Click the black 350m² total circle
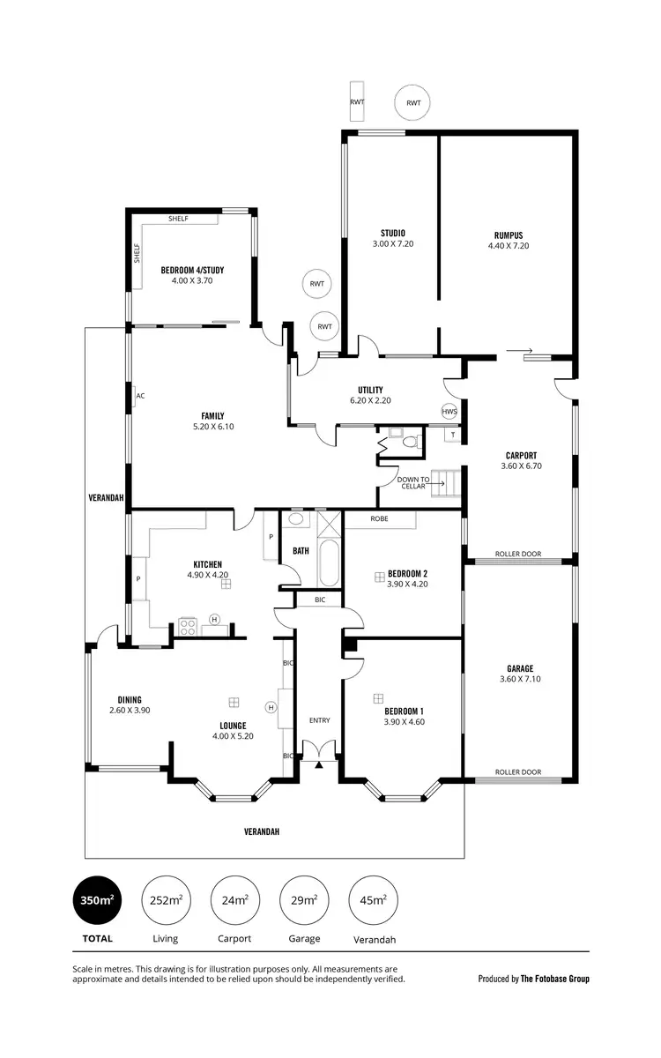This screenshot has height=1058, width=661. click(x=98, y=899)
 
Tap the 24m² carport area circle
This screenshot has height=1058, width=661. click(x=234, y=899)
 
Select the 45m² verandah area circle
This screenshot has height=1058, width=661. click(x=373, y=899)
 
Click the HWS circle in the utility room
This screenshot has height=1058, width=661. click(x=449, y=412)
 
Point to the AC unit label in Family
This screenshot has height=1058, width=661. click(x=140, y=396)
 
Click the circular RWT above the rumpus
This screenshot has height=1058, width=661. click(x=413, y=103)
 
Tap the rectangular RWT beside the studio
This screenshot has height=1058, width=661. click(x=357, y=102)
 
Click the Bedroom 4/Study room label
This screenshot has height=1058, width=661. click(x=187, y=271)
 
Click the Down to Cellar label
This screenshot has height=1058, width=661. click(x=412, y=483)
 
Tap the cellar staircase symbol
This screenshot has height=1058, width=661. click(x=446, y=484)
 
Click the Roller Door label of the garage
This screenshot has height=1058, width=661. click(x=518, y=772)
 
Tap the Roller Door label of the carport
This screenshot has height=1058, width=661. click(x=518, y=555)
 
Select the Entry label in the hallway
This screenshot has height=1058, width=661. click(x=319, y=720)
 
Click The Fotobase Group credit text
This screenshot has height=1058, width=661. click(x=555, y=979)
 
